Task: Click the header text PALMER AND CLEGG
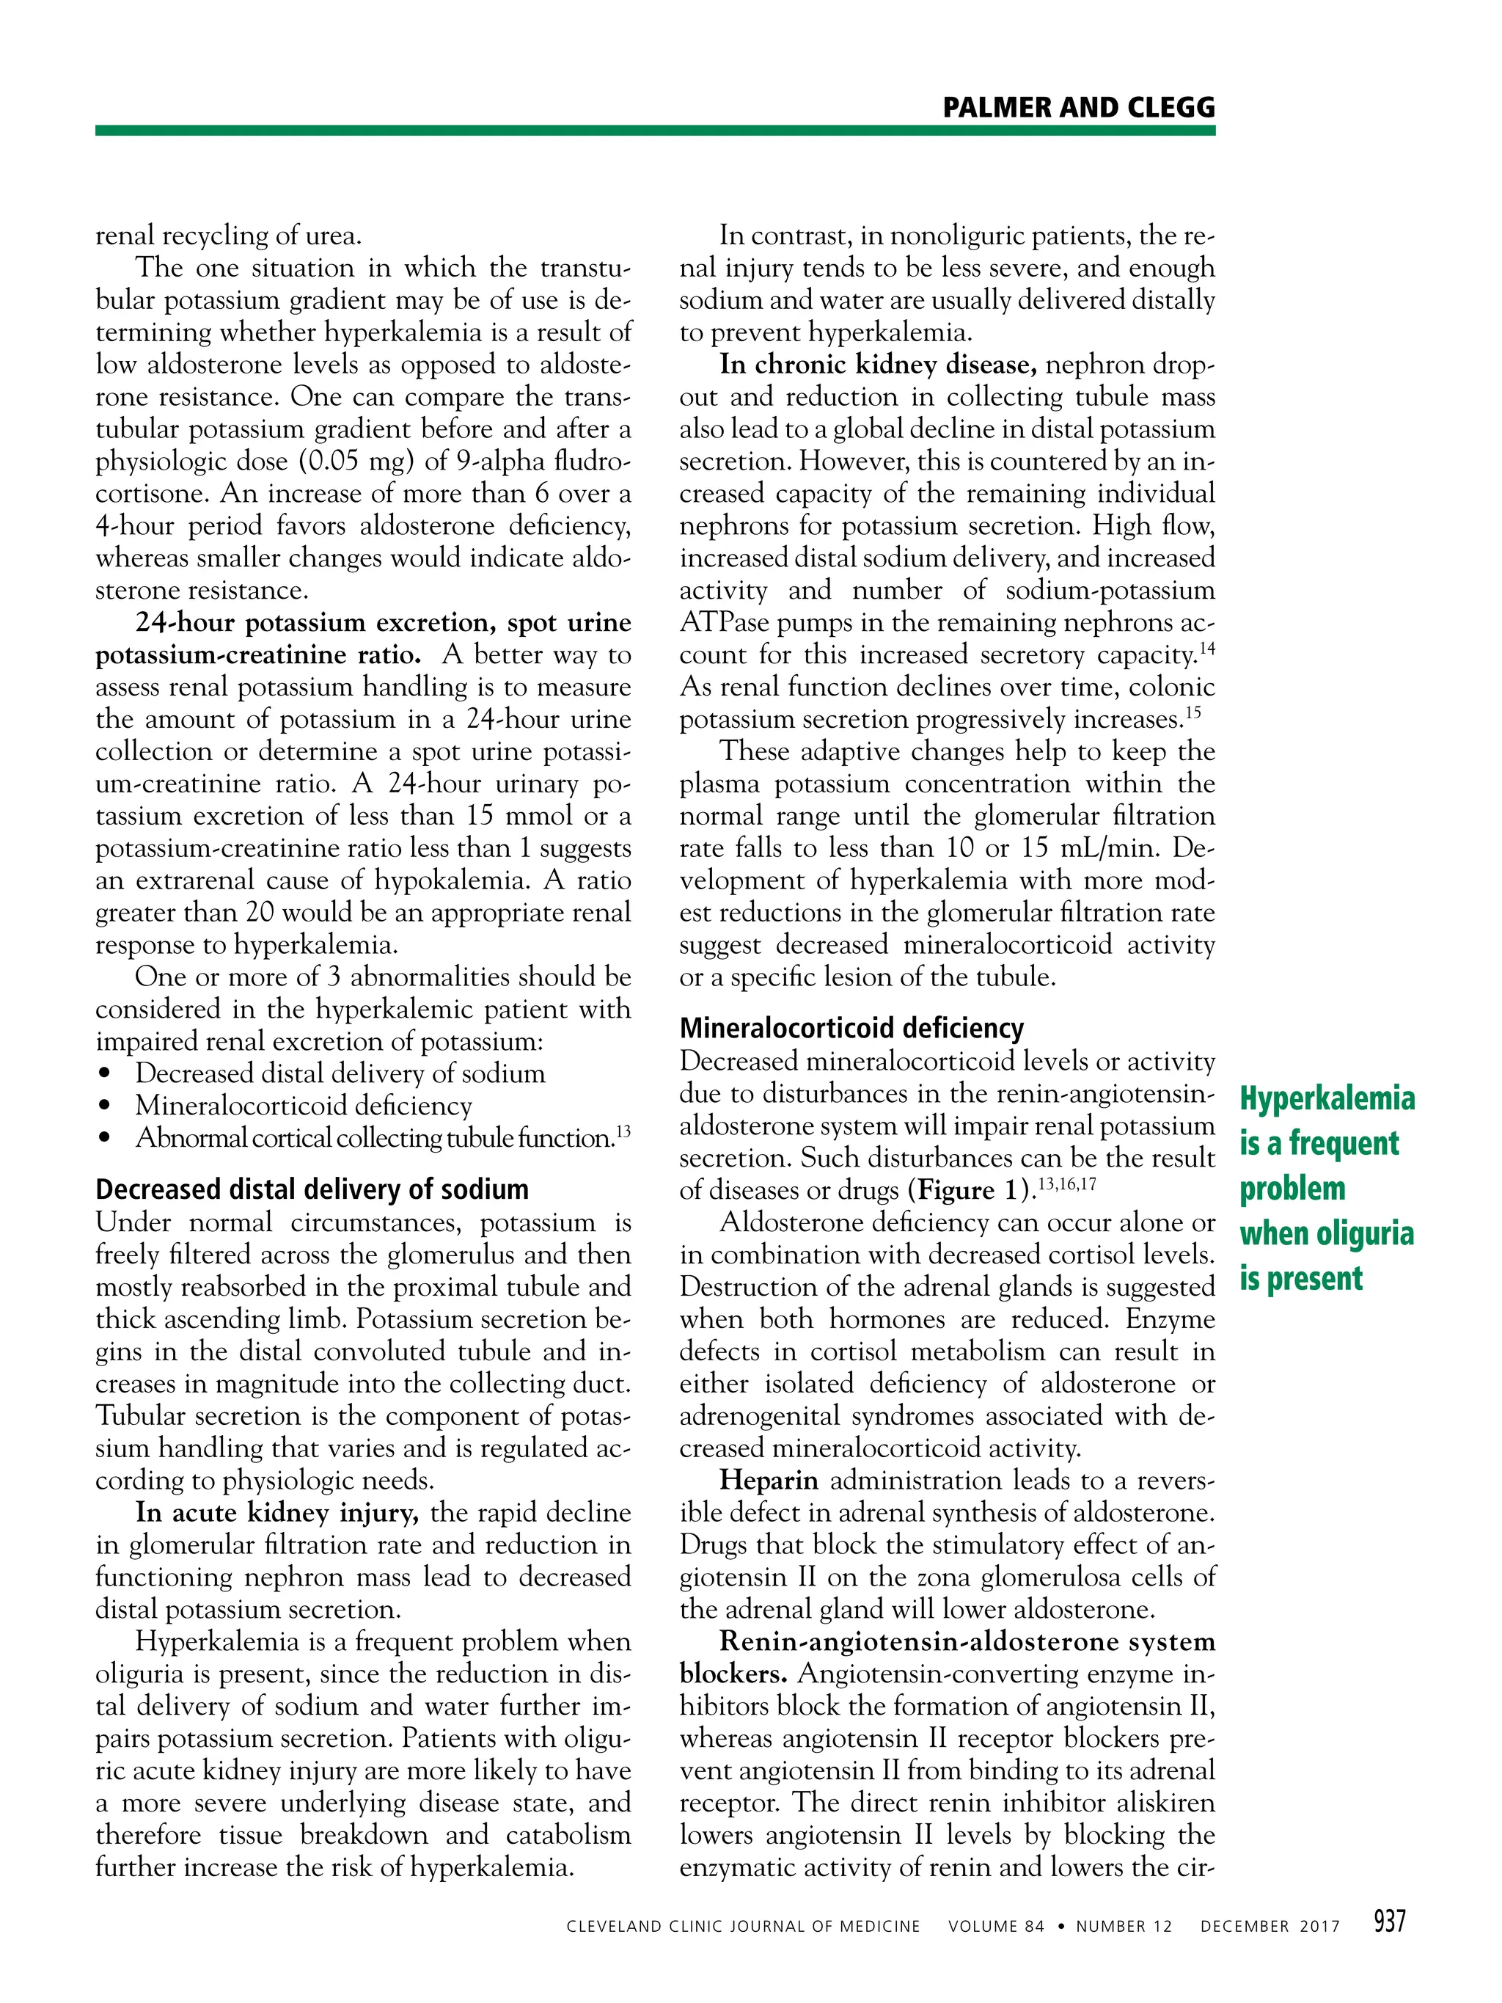pos(1077,108)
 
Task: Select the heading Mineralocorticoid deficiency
pos(851,1028)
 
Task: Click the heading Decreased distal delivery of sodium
pos(312,1189)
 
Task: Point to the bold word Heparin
pos(769,1481)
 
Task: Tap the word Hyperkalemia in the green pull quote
pos(1327,1098)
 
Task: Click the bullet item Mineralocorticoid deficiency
pos(304,1106)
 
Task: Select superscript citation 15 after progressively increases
pos(1193,712)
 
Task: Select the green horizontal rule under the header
pos(655,131)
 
